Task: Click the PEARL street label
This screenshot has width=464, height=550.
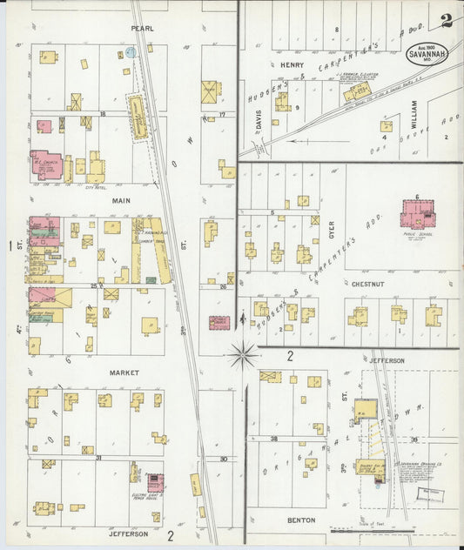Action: [143, 29]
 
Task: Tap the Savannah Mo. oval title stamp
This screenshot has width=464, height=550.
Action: [427, 52]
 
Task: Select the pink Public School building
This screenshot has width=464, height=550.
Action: [419, 214]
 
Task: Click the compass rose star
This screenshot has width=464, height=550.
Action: [243, 354]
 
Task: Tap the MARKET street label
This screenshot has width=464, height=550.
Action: [124, 372]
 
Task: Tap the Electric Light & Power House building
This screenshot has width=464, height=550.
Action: [155, 483]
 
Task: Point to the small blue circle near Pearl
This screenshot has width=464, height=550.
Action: [131, 52]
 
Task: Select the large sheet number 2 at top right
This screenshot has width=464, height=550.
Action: [447, 20]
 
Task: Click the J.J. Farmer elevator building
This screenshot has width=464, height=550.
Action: [357, 91]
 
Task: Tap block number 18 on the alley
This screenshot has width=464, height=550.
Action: [102, 114]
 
